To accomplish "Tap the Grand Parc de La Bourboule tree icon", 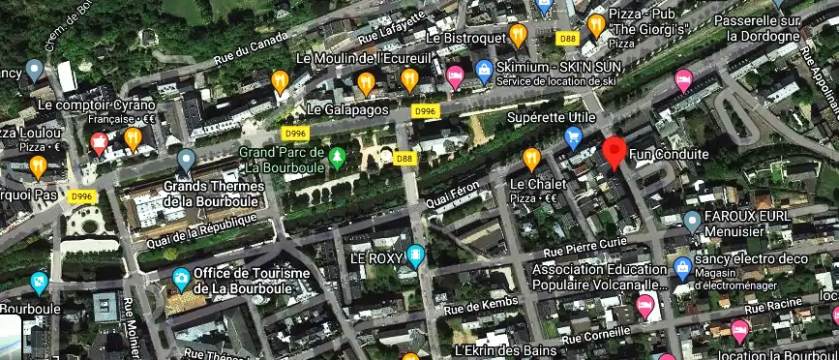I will coord(337,156).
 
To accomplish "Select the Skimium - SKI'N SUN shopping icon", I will coord(483,69).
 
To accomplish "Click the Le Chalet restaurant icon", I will coord(530,158).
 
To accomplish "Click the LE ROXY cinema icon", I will coord(416,256).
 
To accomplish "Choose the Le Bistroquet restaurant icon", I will coord(518,35).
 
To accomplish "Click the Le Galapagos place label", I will coord(347,109).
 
